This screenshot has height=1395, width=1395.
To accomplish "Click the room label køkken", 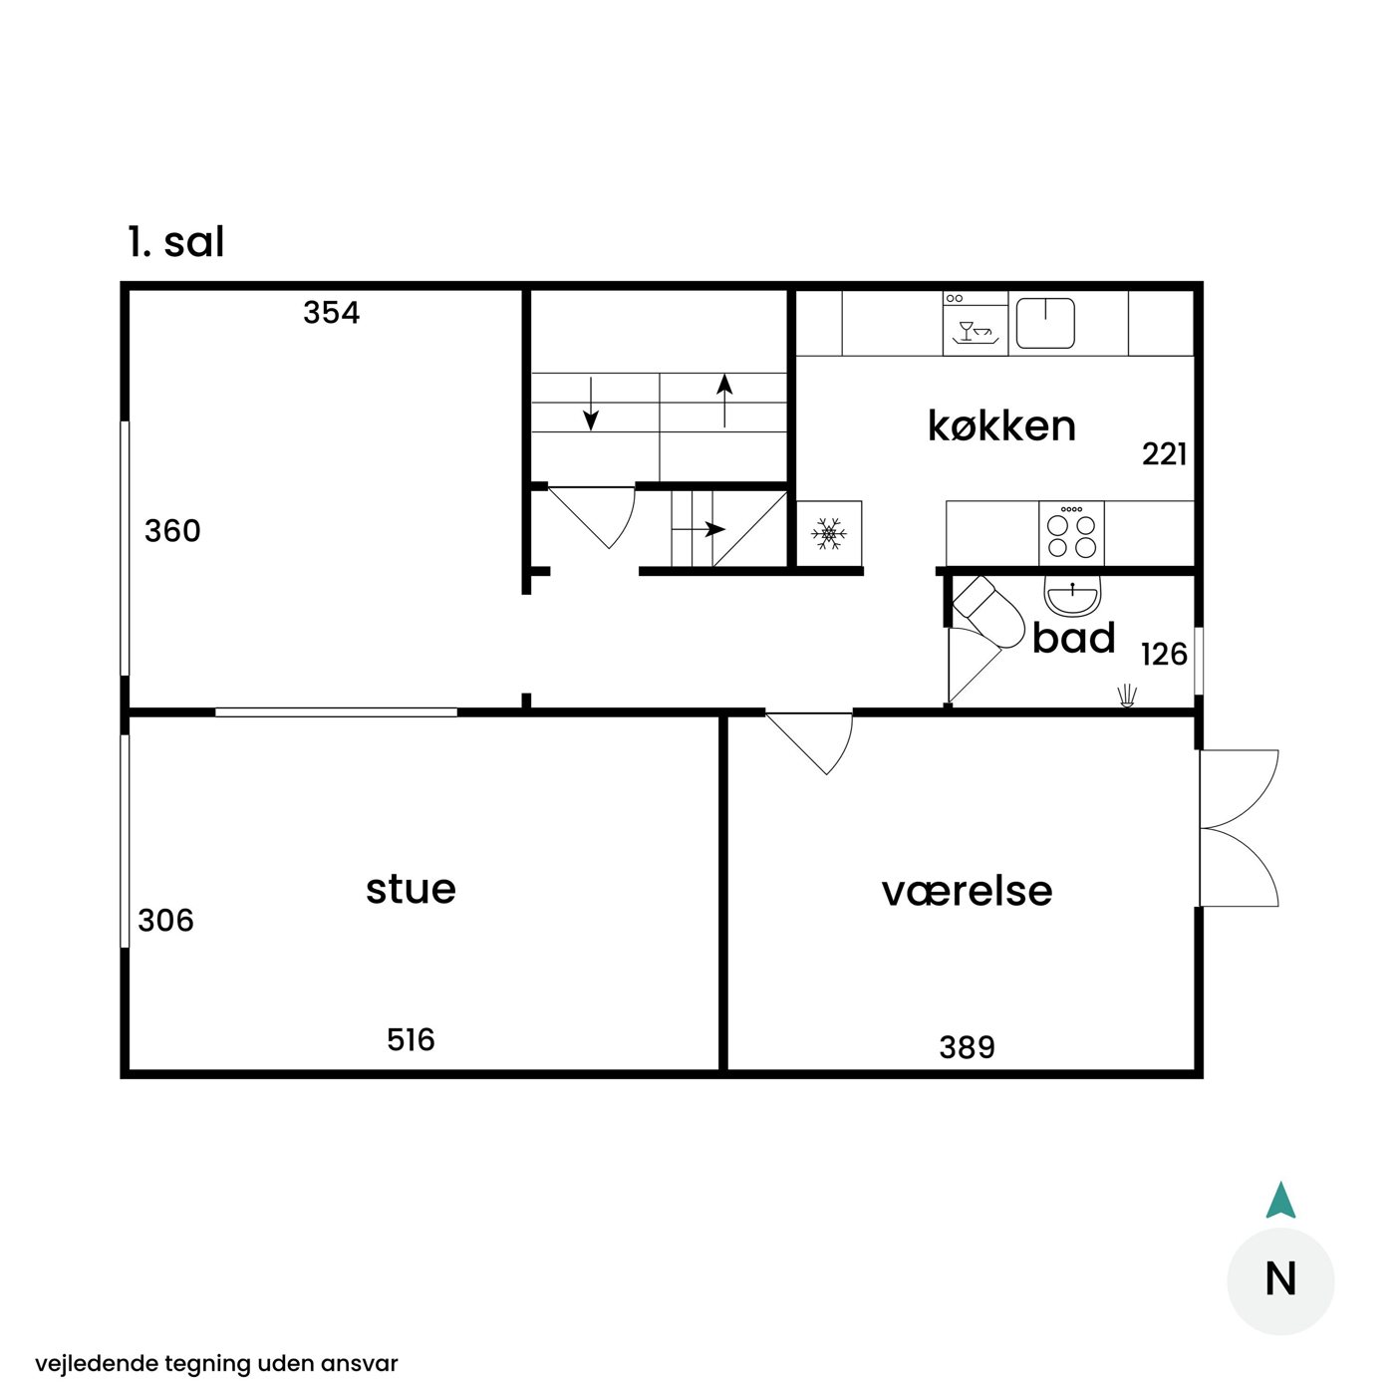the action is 1001,425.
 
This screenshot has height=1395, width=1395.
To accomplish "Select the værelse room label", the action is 967,891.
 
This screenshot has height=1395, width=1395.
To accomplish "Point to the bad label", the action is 1073,638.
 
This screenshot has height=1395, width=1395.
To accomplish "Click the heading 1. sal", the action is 176,242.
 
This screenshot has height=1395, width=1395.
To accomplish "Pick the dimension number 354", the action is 332,313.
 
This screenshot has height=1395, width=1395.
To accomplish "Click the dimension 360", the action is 172,531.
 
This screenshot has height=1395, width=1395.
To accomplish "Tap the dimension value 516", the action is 411,1039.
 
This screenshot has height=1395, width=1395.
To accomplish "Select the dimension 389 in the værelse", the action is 968,1047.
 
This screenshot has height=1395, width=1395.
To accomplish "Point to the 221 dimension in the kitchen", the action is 1164,454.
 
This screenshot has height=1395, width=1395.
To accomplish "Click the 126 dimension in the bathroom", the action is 1164,655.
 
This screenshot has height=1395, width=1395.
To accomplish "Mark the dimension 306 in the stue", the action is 165,920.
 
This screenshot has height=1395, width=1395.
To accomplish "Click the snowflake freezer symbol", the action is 829,533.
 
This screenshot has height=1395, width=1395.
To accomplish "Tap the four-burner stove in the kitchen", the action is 1071,533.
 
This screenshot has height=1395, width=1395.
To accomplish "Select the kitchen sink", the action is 1045,323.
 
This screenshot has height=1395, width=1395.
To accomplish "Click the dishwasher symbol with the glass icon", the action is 976,324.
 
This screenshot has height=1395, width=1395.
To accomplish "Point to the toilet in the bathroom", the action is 988,611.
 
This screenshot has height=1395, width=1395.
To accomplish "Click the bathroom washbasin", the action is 1072,596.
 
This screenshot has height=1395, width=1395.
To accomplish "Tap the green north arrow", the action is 1280,1201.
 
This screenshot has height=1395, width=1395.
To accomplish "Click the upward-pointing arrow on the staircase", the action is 724,401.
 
